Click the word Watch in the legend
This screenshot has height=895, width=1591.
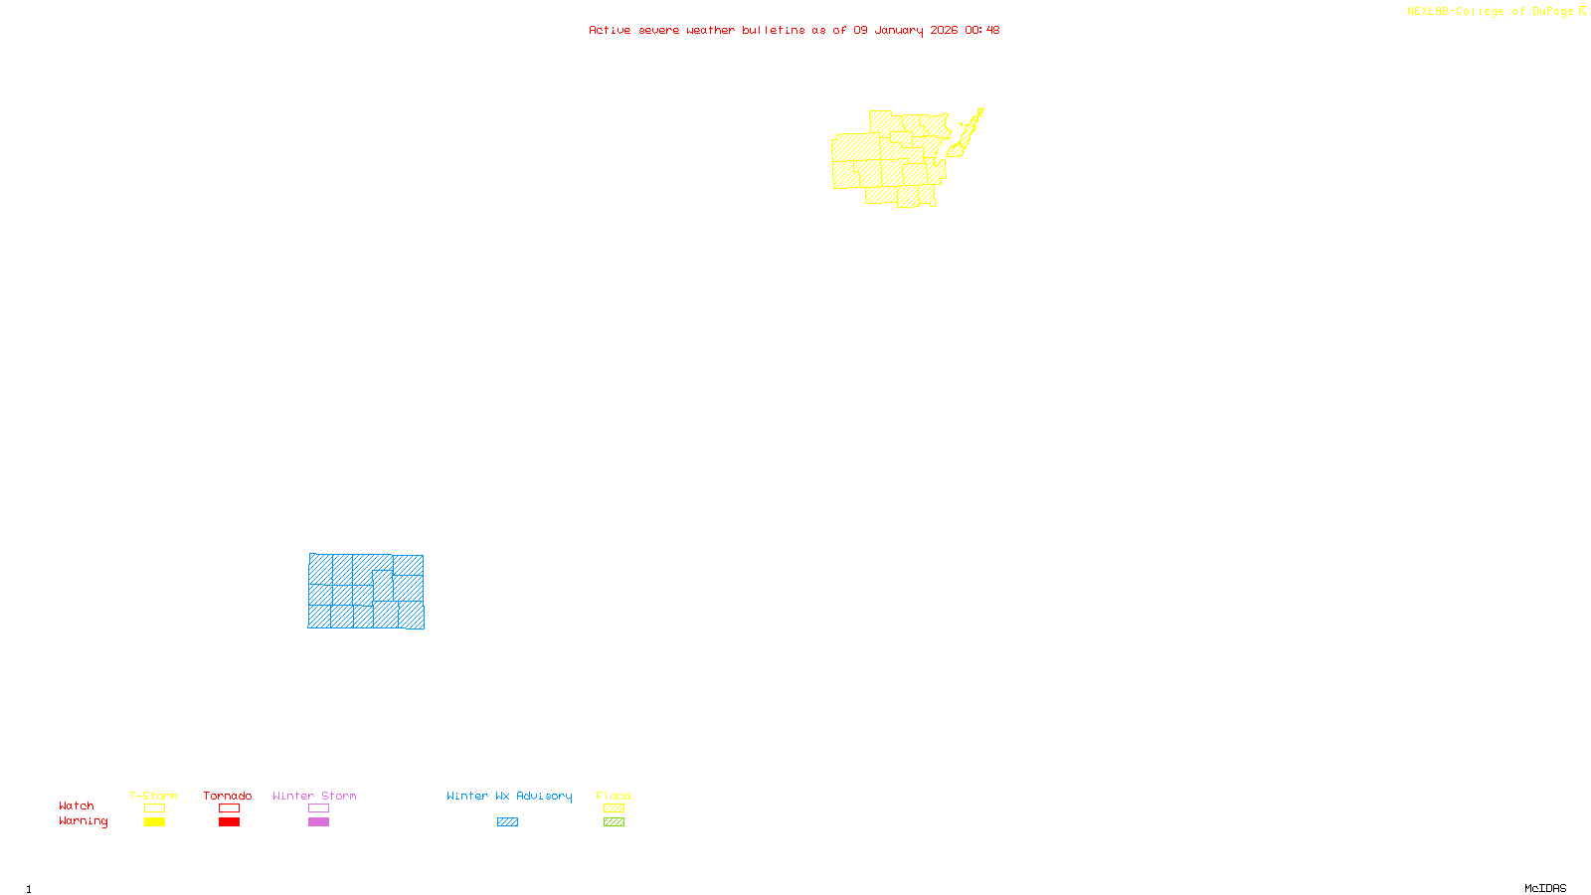tap(77, 805)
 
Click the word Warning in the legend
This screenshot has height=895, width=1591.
tap(83, 821)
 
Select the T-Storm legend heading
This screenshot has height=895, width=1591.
tap(153, 796)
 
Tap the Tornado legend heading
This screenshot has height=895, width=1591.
tap(228, 796)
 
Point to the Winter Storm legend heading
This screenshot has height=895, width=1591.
tap(314, 796)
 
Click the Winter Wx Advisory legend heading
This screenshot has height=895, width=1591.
tap(509, 796)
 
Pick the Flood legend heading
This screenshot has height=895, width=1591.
tap(614, 796)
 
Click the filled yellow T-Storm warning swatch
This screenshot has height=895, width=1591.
tap(154, 822)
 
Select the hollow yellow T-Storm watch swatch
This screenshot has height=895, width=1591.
tap(154, 808)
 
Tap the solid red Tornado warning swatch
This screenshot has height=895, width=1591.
tap(230, 822)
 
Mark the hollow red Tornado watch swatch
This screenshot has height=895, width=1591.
tap(230, 808)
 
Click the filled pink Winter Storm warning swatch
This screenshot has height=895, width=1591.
tap(318, 822)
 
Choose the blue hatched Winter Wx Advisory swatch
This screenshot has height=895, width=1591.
tap(507, 822)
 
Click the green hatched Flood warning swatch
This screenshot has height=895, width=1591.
tap(615, 822)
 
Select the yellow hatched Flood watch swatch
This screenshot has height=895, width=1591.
tap(615, 808)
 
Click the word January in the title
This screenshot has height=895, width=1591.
tap(899, 30)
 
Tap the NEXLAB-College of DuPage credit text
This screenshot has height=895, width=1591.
tap(1491, 12)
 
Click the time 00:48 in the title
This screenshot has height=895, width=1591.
tap(982, 30)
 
